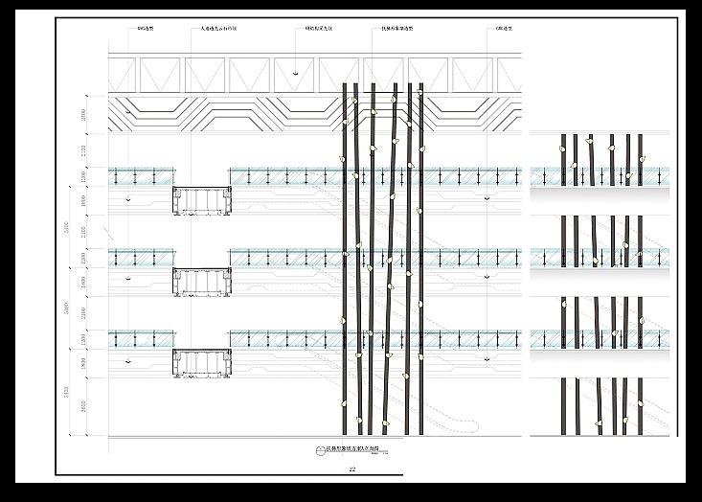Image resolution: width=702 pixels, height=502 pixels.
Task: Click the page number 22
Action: pos(351,468)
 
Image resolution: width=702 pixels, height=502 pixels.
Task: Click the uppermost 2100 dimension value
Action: pos(83,150)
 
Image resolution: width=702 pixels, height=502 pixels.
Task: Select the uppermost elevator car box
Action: pos(202,199)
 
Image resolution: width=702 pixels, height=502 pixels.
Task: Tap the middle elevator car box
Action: pos(202,281)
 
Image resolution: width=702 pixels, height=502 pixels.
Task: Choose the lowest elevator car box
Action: pos(202,363)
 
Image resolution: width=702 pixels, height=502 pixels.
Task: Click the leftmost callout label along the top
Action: pos(147,30)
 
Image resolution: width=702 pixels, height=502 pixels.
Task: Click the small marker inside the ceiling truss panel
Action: pos(296,73)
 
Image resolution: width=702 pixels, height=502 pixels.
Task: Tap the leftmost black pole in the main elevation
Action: pos(344,259)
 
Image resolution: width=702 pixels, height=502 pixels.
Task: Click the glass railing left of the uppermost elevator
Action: pos(142,176)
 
